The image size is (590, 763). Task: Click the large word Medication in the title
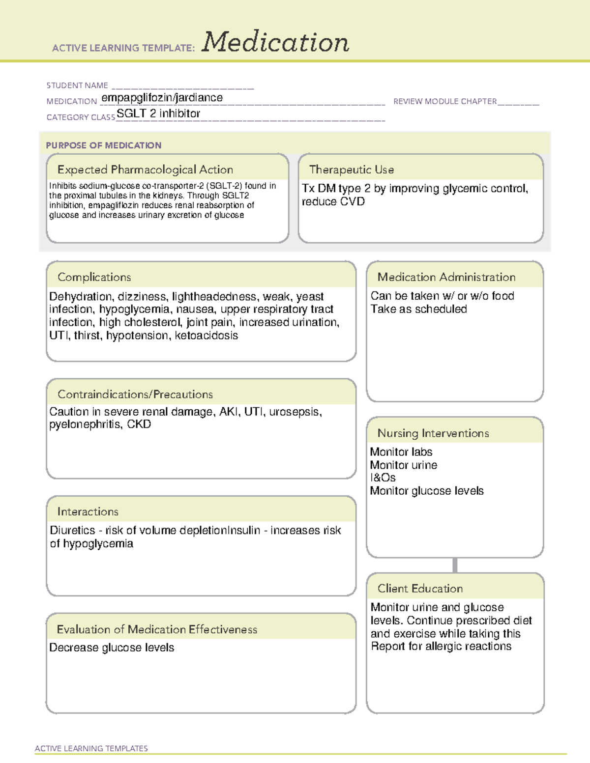(x=275, y=42)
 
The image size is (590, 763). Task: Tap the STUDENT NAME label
(x=77, y=85)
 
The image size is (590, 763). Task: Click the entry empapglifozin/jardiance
(x=162, y=98)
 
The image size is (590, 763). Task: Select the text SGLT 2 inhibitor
(x=158, y=113)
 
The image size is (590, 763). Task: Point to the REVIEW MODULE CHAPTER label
(x=445, y=101)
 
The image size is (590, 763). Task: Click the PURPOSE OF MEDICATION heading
(x=104, y=145)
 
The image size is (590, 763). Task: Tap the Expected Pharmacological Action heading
(x=145, y=170)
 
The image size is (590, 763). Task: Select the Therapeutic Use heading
(x=352, y=170)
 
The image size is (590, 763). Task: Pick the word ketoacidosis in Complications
(x=206, y=336)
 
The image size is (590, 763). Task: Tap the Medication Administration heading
(x=446, y=277)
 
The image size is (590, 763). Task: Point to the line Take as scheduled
(x=419, y=309)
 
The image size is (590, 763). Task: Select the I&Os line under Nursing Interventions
(x=383, y=478)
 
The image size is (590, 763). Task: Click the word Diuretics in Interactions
(x=73, y=531)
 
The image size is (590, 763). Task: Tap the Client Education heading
(x=420, y=589)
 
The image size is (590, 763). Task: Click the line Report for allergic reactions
(x=441, y=647)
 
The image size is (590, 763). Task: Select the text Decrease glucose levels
(x=112, y=648)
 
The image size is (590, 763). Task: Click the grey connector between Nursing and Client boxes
(x=455, y=565)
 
